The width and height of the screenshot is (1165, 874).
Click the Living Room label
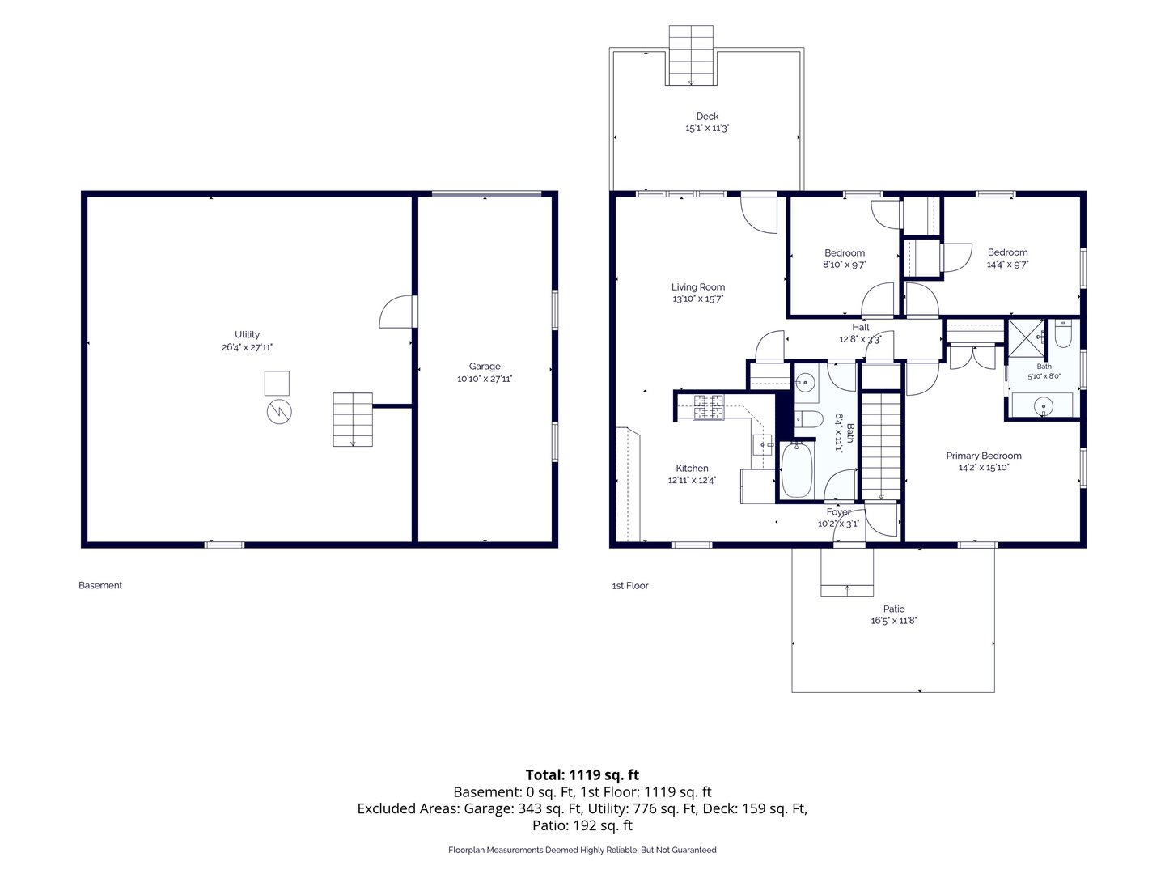click(x=697, y=287)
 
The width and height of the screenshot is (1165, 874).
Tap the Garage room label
click(x=484, y=366)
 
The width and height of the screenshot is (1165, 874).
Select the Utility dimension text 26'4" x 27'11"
click(x=247, y=347)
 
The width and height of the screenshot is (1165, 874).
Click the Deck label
click(x=707, y=116)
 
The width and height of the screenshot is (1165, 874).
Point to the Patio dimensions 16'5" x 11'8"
click(x=893, y=621)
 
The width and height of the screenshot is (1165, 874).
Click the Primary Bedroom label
click(x=984, y=456)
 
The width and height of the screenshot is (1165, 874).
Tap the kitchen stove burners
click(x=709, y=407)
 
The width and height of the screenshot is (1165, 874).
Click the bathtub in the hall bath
click(x=797, y=469)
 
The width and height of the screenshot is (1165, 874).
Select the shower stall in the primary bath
click(x=1026, y=337)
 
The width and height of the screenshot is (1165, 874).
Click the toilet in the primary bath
click(x=1062, y=333)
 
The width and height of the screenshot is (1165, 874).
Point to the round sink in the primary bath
click(x=1043, y=407)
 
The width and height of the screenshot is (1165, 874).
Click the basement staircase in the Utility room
click(x=353, y=419)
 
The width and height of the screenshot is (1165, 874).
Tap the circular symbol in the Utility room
click(x=279, y=411)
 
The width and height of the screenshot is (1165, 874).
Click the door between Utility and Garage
click(x=398, y=312)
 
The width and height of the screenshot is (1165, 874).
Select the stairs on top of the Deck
click(x=691, y=55)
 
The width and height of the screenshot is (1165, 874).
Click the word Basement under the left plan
click(x=100, y=585)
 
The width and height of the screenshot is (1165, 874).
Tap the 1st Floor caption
click(x=630, y=586)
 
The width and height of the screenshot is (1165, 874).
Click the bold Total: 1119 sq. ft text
click(x=582, y=774)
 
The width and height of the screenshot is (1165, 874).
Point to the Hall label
click(x=860, y=328)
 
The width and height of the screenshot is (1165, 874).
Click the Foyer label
click(x=838, y=512)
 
